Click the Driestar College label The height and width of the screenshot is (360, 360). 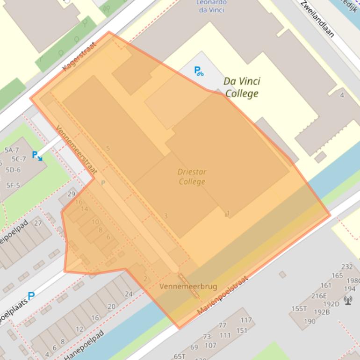pos(192,177)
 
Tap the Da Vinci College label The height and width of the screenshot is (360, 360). pos(242,87)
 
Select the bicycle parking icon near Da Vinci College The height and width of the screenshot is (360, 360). pos(199,71)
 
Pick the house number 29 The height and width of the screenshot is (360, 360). pos(72,194)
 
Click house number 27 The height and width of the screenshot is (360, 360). pos(38,223)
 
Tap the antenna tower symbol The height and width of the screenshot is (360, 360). pos(348,299)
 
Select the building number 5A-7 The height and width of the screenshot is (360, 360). pos(12,150)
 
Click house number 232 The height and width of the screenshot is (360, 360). pos(347,266)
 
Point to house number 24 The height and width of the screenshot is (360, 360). pos(129,294)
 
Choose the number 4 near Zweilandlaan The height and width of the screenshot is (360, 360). pos(342,95)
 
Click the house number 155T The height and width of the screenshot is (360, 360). pos(299,309)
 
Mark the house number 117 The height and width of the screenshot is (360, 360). pos(246,320)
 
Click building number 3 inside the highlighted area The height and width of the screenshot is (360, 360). pos(166,216)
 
